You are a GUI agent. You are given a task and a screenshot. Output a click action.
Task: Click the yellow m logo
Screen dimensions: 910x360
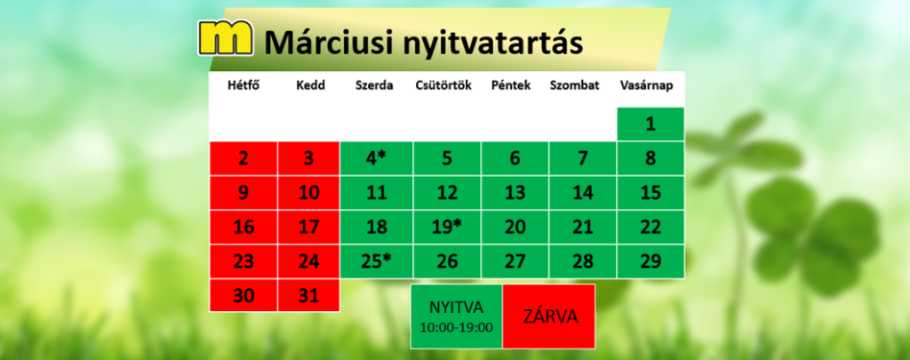(x=226, y=37)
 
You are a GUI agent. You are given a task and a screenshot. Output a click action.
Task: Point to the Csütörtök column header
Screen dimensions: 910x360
(x=443, y=86)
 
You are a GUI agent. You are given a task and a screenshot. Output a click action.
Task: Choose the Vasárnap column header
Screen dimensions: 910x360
(x=647, y=86)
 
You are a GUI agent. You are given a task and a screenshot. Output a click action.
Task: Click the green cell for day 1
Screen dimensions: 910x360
(x=651, y=124)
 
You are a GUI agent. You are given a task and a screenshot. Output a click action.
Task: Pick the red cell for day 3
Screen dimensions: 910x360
(x=308, y=158)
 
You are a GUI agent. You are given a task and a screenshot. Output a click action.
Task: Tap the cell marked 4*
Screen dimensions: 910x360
(x=377, y=158)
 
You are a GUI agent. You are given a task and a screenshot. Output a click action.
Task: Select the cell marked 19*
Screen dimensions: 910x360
(x=447, y=227)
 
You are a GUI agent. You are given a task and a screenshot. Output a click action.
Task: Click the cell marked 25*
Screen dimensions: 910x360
(x=377, y=261)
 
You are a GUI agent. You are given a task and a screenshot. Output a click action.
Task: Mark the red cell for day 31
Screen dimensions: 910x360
(x=308, y=295)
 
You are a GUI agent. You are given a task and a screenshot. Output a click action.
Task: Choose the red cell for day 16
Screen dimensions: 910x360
(x=243, y=227)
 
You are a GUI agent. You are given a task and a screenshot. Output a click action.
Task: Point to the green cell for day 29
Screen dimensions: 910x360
(x=651, y=261)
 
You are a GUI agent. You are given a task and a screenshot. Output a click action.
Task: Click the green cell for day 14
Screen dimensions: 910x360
(x=583, y=193)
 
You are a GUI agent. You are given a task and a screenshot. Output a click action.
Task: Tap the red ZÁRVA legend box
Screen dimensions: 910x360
(x=549, y=316)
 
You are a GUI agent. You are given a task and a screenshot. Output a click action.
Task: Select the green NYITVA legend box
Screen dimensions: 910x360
(x=456, y=316)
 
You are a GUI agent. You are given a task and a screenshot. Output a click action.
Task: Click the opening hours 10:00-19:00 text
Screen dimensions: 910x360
(x=456, y=327)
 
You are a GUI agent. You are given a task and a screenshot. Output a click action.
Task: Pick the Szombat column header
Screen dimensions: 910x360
(x=575, y=86)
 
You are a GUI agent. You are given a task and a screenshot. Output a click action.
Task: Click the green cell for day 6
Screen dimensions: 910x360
(x=515, y=158)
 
